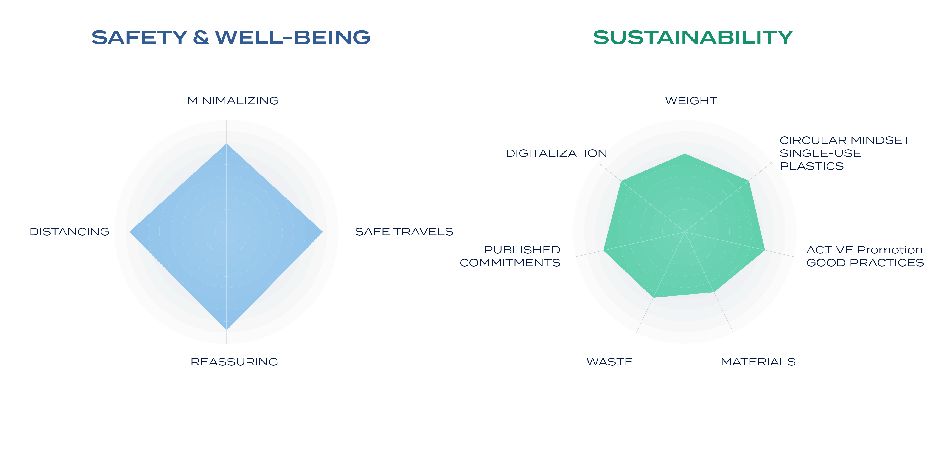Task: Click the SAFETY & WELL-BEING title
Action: point(231,37)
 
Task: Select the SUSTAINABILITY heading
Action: point(693,37)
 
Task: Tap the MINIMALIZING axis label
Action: point(233,101)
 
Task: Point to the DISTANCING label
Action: point(69,232)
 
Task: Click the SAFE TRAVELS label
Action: point(404,232)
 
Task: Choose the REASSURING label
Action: point(234,362)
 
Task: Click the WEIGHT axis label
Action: point(691,101)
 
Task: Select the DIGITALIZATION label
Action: point(556,153)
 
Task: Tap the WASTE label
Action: point(610,362)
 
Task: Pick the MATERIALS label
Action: point(758,362)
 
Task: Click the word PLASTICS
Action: point(811,166)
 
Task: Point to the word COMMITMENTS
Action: point(510,263)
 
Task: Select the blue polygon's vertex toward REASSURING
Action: point(227,330)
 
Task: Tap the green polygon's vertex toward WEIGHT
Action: point(685,154)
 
